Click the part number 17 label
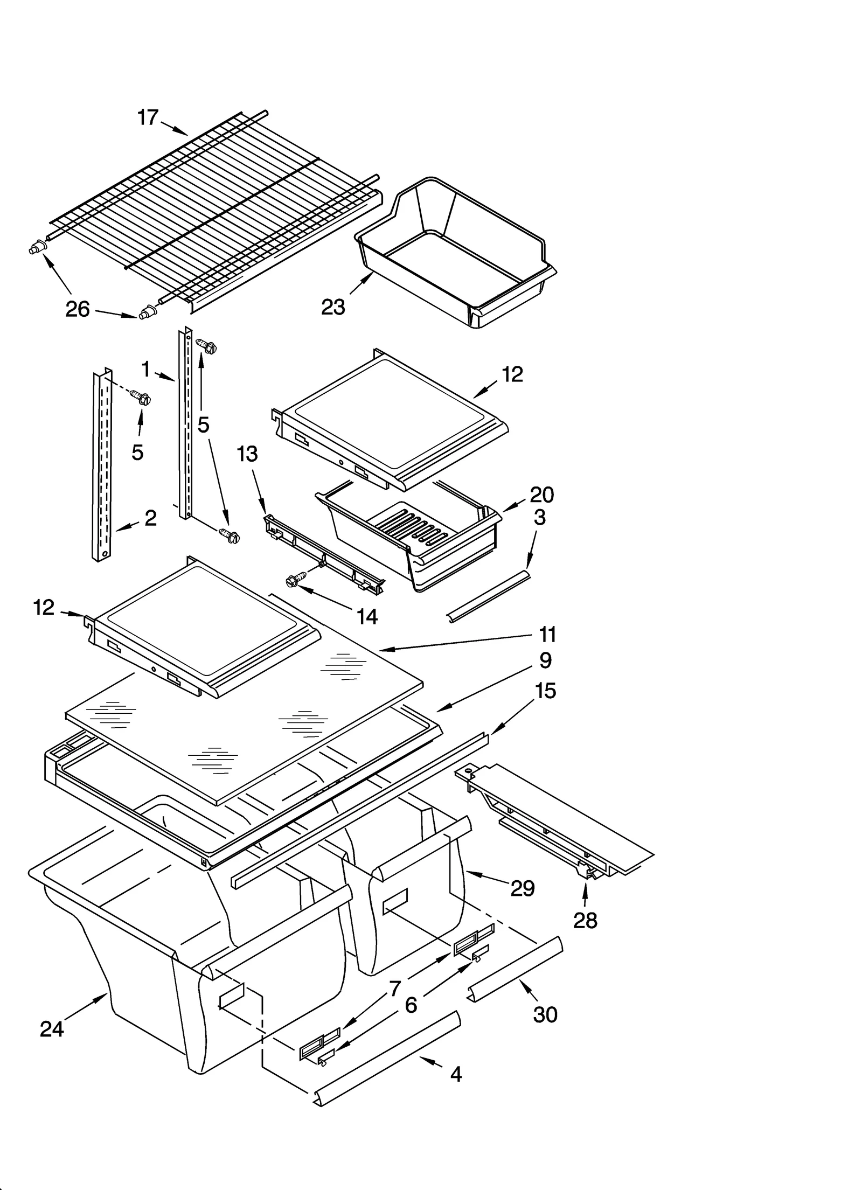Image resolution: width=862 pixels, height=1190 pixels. point(148,117)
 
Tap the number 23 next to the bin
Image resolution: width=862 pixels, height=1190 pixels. point(333,307)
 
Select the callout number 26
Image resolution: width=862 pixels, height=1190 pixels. point(78,309)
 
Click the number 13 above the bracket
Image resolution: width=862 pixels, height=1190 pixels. point(248,454)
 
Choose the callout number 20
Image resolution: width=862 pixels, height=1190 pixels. point(541,495)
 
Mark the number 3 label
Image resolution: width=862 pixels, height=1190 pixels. point(539,518)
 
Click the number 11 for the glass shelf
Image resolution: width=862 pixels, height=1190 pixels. point(547,635)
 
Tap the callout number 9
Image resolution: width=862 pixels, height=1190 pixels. point(545,660)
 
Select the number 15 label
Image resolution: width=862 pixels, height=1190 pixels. point(545,691)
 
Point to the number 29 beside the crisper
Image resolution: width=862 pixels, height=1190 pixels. point(522,888)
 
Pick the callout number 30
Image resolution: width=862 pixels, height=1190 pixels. point(545,1014)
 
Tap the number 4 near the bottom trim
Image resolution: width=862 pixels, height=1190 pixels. point(456,1075)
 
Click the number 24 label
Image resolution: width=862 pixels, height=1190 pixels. point(52,1029)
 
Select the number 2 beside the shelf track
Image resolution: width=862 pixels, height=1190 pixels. point(151,518)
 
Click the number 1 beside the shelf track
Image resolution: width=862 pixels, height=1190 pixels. point(146,370)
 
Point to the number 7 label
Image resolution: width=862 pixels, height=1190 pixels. point(395,989)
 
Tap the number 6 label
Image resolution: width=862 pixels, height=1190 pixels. point(411,1005)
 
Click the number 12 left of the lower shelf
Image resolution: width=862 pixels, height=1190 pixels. point(44,608)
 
